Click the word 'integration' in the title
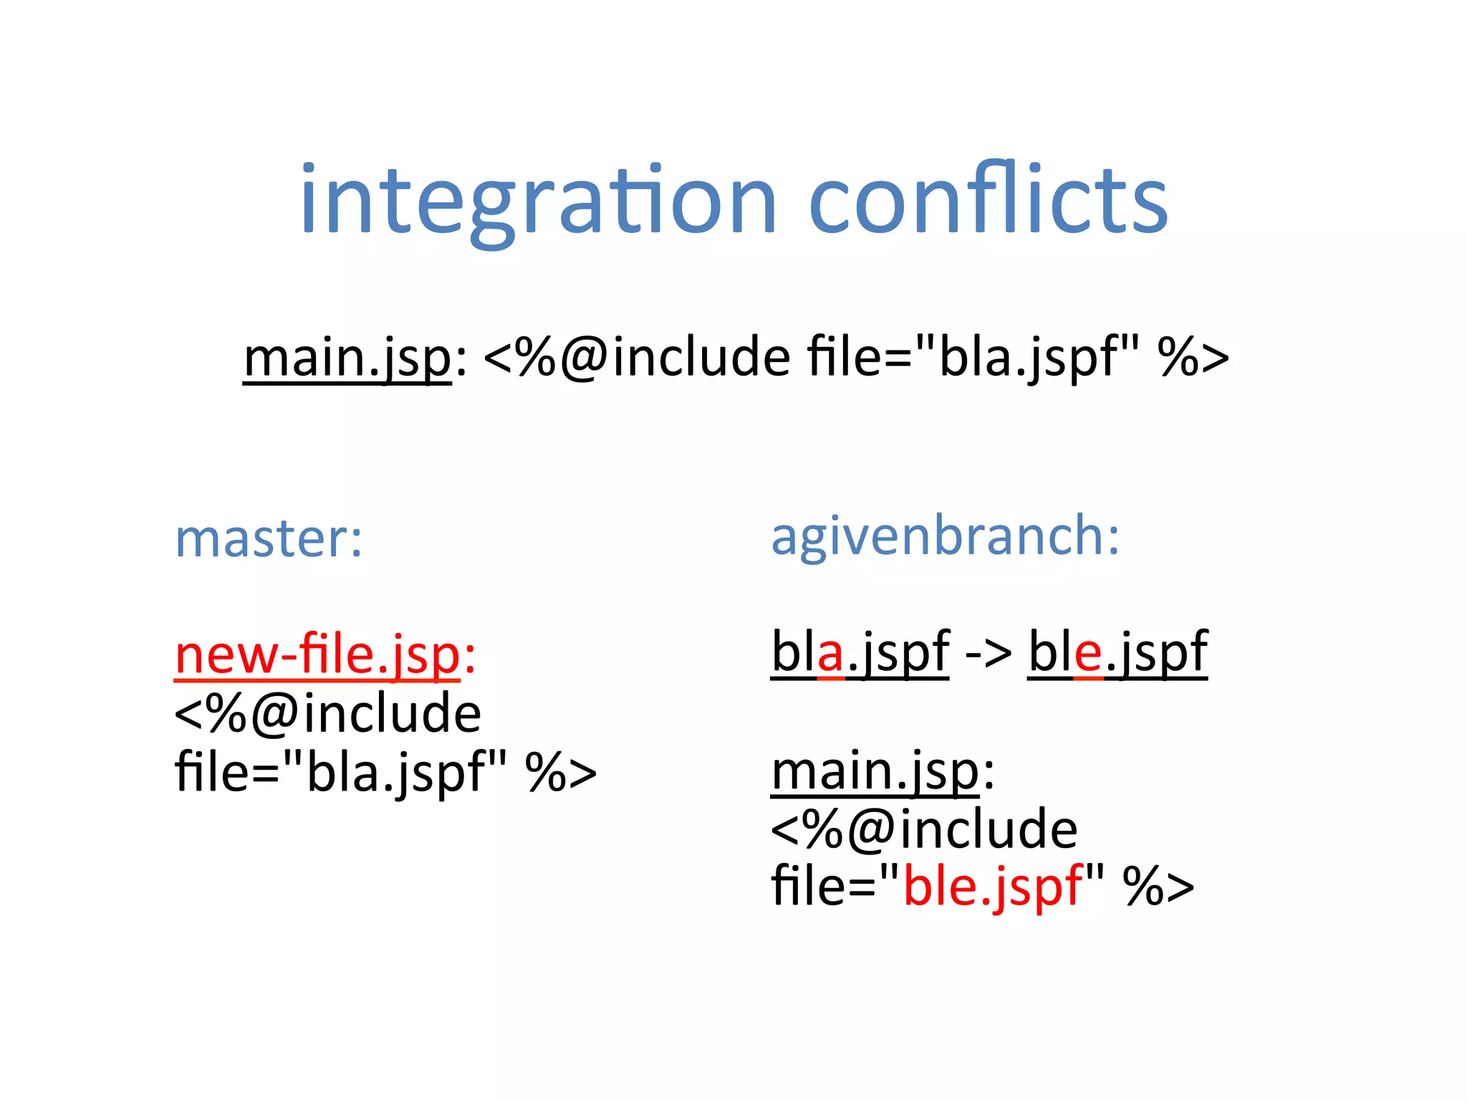[x=537, y=201]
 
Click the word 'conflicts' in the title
[x=989, y=201]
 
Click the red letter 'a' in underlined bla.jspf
[x=830, y=654]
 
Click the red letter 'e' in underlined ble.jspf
[x=1089, y=654]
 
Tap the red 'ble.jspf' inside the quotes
[x=993, y=887]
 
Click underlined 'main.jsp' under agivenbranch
[x=875, y=771]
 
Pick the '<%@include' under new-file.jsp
[x=327, y=714]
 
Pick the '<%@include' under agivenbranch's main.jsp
[x=923, y=830]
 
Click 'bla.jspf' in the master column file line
[x=396, y=773]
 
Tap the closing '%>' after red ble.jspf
[x=1158, y=887]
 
